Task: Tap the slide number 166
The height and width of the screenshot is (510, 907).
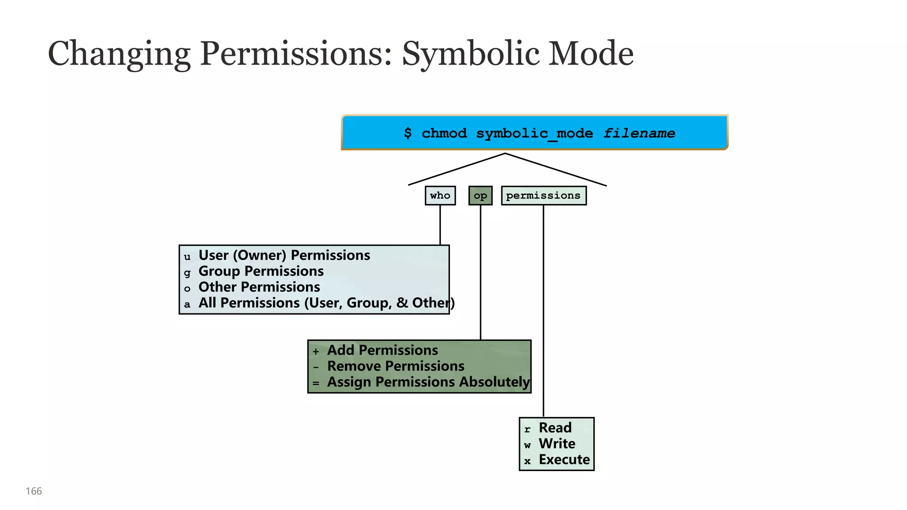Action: (34, 491)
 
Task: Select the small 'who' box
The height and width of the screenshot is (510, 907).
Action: (440, 196)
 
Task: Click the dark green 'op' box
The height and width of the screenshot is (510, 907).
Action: (480, 196)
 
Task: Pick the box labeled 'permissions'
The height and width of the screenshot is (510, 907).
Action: (543, 196)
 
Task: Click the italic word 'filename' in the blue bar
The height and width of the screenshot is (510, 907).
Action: (639, 133)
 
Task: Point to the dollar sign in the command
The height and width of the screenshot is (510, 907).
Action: (408, 133)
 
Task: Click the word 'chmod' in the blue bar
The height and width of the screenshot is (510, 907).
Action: (444, 133)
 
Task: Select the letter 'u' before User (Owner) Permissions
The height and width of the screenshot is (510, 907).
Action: (187, 257)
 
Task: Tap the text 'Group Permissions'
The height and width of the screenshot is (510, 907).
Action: (261, 271)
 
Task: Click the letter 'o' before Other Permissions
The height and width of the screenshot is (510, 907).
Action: (187, 289)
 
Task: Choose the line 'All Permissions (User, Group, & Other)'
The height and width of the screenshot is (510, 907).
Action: (326, 303)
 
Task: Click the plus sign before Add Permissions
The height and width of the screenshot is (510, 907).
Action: (316, 352)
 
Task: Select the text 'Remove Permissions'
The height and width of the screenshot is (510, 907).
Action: (395, 366)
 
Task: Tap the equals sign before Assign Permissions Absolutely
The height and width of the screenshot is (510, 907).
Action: (316, 383)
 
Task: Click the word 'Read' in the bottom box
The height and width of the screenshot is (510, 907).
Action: (555, 428)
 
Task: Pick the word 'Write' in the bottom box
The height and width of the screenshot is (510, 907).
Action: (557, 444)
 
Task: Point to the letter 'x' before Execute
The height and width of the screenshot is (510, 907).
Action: (527, 461)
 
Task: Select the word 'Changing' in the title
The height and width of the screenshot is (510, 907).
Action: (119, 54)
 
